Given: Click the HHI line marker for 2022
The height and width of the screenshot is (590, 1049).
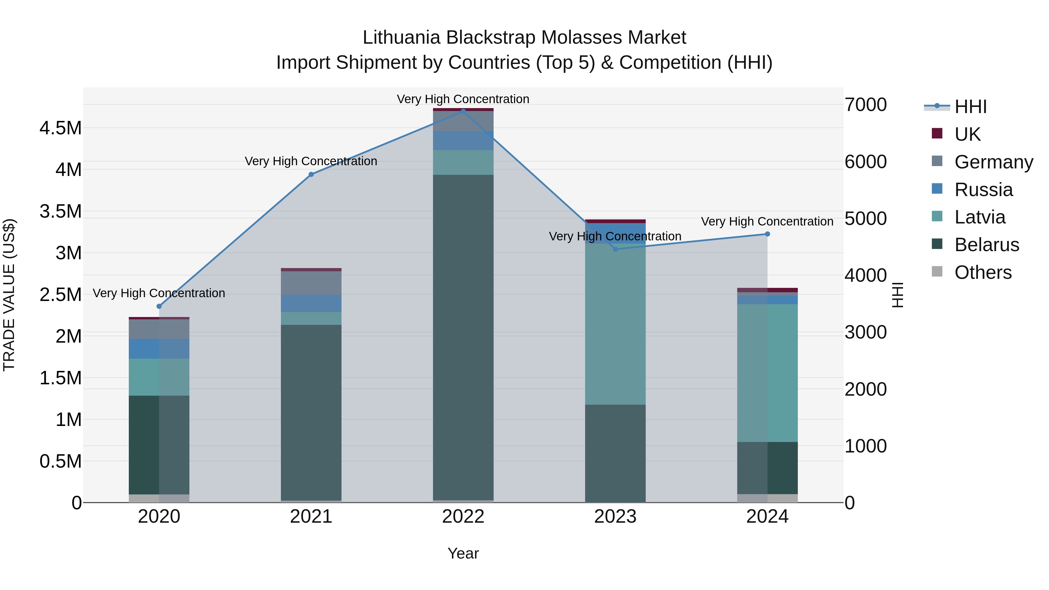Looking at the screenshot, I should pyautogui.click(x=463, y=111).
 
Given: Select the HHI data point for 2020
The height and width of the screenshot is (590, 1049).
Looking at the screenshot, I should pyautogui.click(x=159, y=306).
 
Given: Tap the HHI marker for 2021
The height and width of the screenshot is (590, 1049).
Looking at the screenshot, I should pyautogui.click(x=311, y=174).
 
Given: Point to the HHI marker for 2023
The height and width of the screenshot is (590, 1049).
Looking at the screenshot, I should pyautogui.click(x=615, y=249).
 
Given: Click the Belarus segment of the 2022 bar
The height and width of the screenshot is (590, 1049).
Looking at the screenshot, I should pyautogui.click(x=463, y=338).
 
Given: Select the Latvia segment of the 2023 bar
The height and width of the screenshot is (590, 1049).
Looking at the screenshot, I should pyautogui.click(x=615, y=324).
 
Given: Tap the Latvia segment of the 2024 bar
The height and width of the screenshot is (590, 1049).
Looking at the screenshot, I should pyautogui.click(x=767, y=373).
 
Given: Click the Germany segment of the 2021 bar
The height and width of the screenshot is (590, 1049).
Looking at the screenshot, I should pyautogui.click(x=311, y=283).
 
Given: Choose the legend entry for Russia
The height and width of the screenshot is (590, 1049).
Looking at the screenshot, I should pyautogui.click(x=983, y=190).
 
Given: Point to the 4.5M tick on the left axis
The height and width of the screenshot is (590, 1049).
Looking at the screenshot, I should pyautogui.click(x=61, y=128).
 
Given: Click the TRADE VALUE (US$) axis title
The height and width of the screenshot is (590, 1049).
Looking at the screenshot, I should pyautogui.click(x=9, y=295).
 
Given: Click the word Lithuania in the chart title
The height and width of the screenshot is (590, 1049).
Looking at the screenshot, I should pyautogui.click(x=402, y=38).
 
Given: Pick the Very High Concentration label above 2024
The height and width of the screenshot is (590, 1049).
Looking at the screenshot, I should pyautogui.click(x=767, y=221).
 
